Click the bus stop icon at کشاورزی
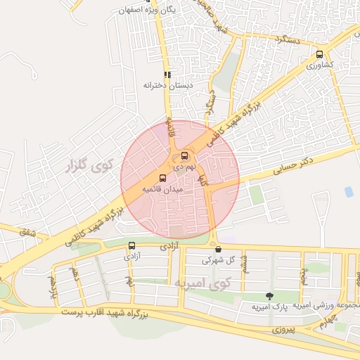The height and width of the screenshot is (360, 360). [x=321, y=54]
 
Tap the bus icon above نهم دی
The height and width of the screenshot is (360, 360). [x=184, y=155]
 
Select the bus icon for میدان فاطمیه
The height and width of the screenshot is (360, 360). [x=163, y=179]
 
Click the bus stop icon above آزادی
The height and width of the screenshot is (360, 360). [x=132, y=245]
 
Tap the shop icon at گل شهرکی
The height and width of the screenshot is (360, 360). [x=218, y=249]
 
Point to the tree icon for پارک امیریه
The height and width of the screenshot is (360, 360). [x=269, y=296]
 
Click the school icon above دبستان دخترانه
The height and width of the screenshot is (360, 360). [x=167, y=74]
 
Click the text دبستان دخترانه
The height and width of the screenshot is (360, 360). [x=168, y=85]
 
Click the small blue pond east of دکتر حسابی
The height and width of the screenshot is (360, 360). [x=349, y=191]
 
